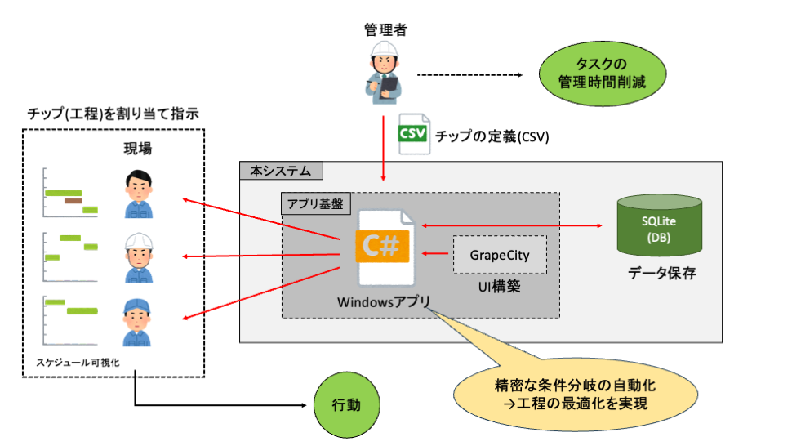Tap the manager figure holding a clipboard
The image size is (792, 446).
pos(384,72)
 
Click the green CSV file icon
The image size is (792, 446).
pos(413,136)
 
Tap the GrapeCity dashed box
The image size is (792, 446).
pos(500,255)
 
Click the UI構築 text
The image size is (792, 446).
pos(500,288)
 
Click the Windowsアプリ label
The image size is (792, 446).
pos(384,301)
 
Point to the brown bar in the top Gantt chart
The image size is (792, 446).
pos(73,200)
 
